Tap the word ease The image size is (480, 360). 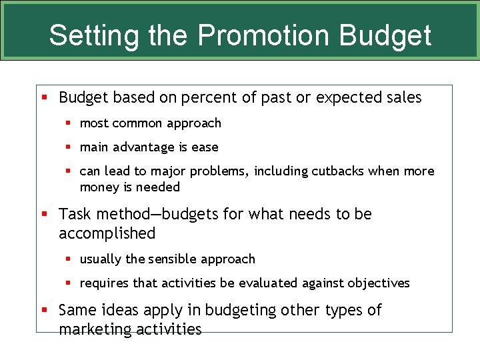point(205,147)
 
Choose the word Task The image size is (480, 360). point(75,214)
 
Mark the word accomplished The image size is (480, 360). point(107,234)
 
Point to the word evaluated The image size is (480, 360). point(265,283)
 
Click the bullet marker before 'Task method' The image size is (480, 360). point(45,214)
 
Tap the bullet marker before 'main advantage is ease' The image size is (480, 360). point(68,147)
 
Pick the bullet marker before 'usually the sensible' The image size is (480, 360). point(68,259)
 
